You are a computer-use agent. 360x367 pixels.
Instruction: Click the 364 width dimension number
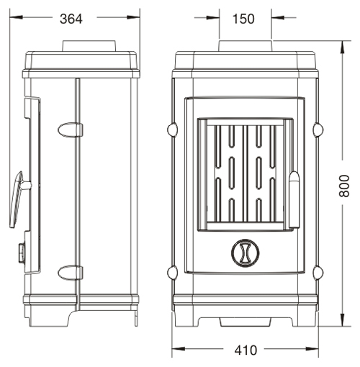click(71, 19)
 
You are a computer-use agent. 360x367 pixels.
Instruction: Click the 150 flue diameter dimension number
click(243, 19)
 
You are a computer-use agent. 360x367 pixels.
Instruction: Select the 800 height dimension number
click(344, 186)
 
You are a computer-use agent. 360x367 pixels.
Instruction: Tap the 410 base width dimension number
click(246, 350)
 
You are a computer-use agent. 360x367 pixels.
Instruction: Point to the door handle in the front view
click(294, 199)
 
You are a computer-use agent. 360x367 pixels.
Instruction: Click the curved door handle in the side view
click(18, 199)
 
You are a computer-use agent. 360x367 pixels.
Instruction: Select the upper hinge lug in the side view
click(70, 130)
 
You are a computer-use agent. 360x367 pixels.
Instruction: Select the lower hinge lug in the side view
click(70, 273)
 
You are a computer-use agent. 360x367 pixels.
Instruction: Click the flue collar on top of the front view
click(246, 46)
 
